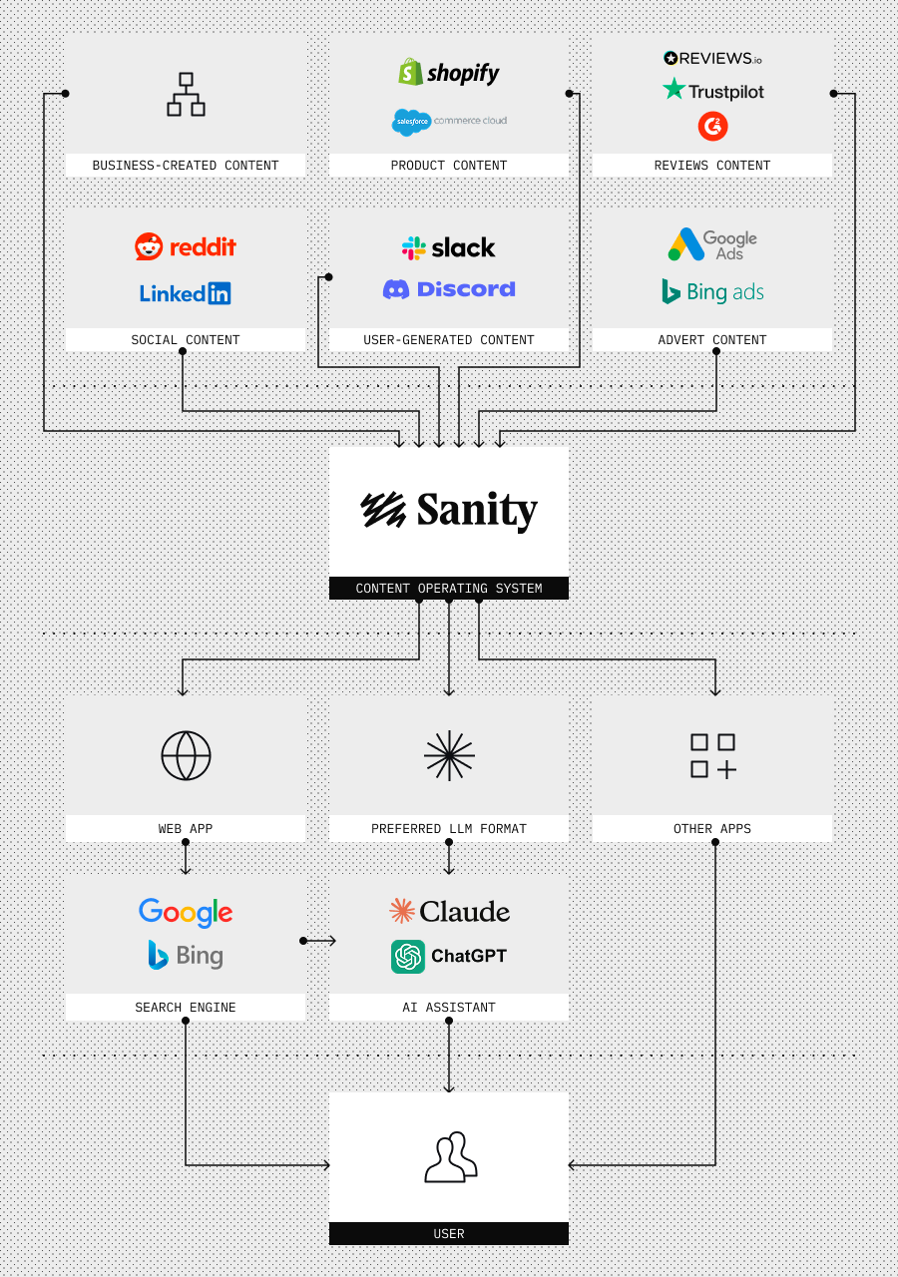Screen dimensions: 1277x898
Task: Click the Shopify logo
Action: (449, 73)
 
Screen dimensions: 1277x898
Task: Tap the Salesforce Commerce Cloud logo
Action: (449, 122)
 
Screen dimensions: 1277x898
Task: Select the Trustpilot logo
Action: (712, 91)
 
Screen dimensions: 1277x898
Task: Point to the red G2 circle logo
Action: (712, 126)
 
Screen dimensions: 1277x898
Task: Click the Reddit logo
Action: (186, 246)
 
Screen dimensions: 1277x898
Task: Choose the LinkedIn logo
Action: (186, 293)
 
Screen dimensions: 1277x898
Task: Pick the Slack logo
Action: (449, 247)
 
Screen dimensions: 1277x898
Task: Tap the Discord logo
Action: (449, 289)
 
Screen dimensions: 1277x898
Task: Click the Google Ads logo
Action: (712, 244)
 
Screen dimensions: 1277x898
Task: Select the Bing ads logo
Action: (712, 291)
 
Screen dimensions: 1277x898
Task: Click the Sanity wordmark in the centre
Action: (449, 511)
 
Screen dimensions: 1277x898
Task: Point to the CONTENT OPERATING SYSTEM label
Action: (449, 589)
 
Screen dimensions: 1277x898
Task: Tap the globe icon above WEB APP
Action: (186, 755)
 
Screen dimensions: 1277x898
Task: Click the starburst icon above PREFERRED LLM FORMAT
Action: (449, 755)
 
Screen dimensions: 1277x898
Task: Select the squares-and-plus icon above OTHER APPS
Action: (712, 755)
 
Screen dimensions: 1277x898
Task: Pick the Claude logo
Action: (449, 911)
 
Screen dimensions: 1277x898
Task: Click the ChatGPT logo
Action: (449, 956)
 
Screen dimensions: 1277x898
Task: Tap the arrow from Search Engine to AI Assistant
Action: (319, 940)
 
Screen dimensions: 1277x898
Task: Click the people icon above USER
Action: (449, 1157)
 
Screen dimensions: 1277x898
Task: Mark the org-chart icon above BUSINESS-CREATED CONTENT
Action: (186, 95)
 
